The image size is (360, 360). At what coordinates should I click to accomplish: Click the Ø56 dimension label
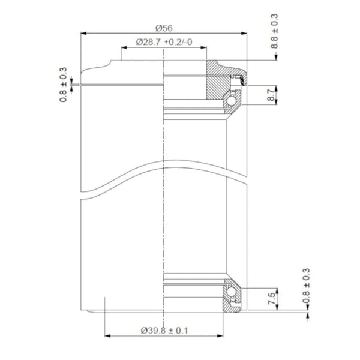(x=164, y=28)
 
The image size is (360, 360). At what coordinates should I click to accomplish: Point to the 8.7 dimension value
(x=271, y=94)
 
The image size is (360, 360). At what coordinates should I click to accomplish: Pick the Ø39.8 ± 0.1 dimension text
(x=164, y=329)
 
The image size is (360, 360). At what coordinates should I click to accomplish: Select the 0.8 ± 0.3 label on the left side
(x=64, y=84)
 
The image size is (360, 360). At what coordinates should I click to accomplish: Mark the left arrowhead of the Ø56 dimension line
(x=84, y=34)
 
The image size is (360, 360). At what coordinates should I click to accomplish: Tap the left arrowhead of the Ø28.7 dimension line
(x=124, y=49)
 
